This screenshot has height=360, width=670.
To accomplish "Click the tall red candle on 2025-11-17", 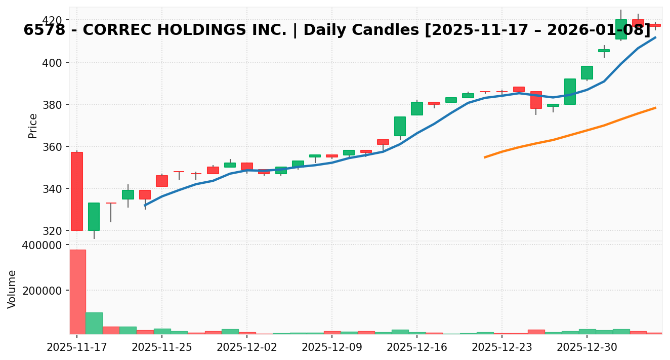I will (77, 191).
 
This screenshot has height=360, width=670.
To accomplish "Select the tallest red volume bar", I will (77, 292).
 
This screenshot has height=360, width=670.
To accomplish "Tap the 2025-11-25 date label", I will (162, 347).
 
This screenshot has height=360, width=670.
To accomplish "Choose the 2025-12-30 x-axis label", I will (587, 347).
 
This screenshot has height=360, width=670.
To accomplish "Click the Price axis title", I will (33, 126).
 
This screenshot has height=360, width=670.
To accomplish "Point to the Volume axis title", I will (12, 289).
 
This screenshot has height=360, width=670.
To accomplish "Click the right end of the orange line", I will (656, 107).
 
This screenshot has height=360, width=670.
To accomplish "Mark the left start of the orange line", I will (485, 157).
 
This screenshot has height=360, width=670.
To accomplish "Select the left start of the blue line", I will (145, 206).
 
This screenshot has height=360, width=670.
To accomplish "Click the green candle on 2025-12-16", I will (417, 108).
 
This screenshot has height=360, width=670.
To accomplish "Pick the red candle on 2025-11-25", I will (162, 181).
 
